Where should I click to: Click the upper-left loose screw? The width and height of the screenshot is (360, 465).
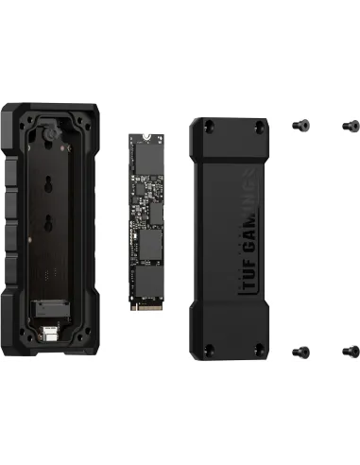(x=302, y=125)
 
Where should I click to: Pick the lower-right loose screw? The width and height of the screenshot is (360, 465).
(x=347, y=350)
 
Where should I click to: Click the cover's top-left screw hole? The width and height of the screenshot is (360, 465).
(x=207, y=125)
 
